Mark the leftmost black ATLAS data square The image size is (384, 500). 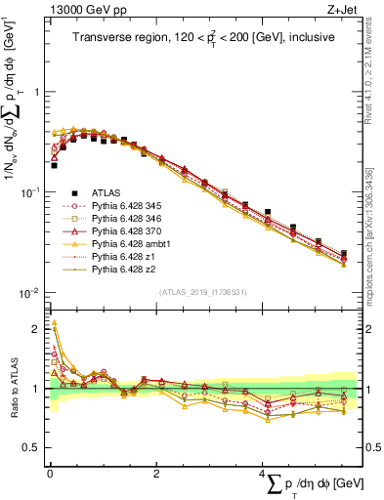[x=54, y=165]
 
